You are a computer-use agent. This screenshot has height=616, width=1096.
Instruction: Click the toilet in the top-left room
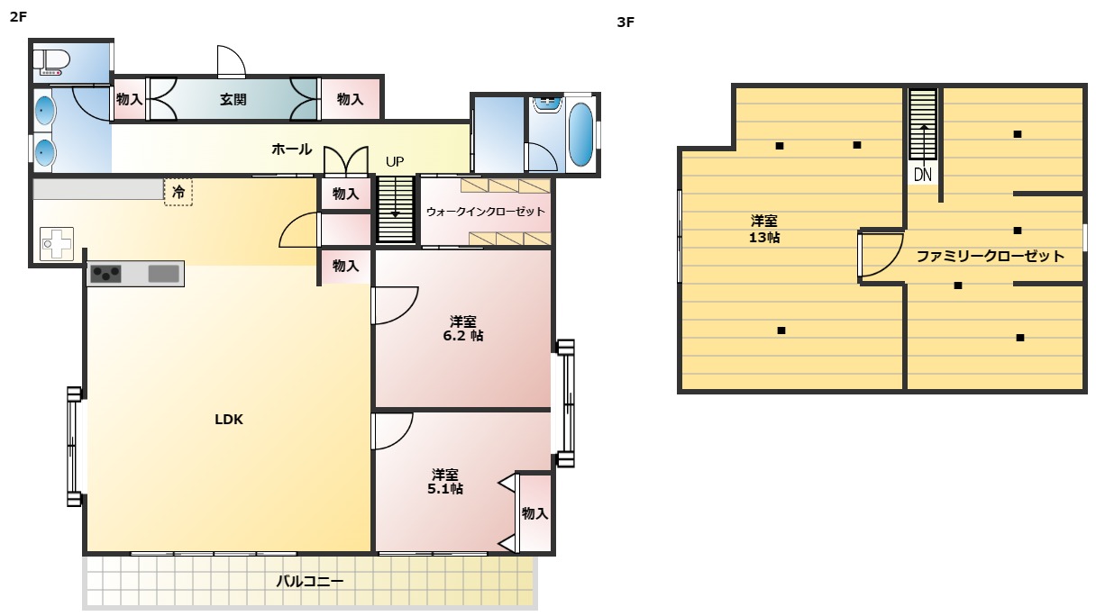click(50, 62)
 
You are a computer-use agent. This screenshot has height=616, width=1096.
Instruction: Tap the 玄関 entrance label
click(233, 100)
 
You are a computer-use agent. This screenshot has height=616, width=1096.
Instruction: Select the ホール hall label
click(292, 149)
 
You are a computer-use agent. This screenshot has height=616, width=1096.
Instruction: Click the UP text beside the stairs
click(395, 161)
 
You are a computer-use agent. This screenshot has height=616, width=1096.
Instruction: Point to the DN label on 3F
click(923, 175)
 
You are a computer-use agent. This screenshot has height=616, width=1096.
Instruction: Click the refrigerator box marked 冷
click(178, 192)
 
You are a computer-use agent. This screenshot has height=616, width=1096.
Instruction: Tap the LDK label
click(229, 420)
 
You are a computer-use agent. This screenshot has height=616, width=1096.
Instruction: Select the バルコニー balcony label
click(310, 581)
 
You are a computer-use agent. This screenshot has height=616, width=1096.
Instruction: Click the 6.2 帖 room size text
click(463, 336)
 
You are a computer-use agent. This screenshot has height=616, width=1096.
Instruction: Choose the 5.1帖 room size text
click(445, 489)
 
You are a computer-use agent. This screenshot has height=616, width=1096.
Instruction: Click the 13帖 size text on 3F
click(764, 238)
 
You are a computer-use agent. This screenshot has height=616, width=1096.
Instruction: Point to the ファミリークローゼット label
click(990, 256)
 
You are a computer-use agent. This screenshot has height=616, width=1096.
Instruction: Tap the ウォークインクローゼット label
click(486, 212)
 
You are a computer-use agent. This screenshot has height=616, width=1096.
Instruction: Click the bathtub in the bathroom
click(580, 134)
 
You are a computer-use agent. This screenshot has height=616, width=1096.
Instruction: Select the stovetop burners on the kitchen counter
click(105, 274)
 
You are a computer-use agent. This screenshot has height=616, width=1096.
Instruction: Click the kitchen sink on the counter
click(163, 274)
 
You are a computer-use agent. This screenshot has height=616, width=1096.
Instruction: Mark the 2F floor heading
click(18, 16)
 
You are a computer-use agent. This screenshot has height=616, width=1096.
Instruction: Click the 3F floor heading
click(626, 22)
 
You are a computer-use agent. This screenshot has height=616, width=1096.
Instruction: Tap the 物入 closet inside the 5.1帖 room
click(534, 513)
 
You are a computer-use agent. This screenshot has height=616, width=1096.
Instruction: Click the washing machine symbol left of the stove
click(56, 243)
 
